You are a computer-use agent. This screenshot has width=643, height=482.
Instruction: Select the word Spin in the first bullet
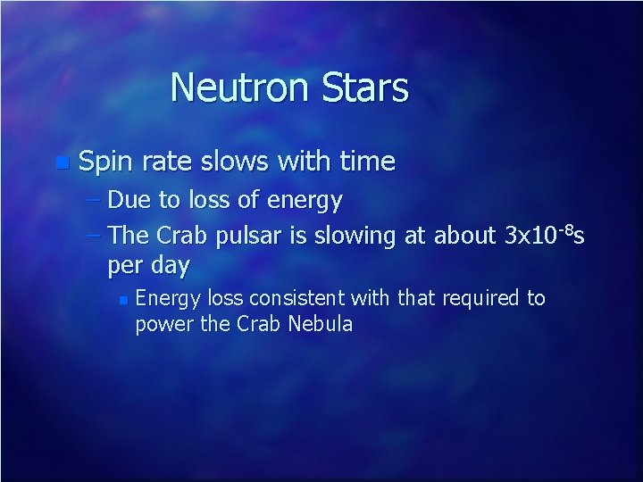(106, 162)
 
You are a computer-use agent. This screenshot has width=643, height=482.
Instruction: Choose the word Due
(130, 201)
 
